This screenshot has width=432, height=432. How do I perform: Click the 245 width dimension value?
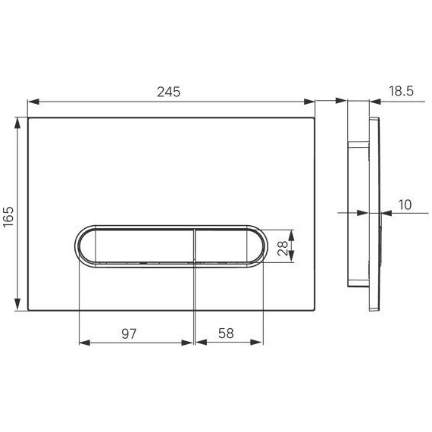pos(169,91)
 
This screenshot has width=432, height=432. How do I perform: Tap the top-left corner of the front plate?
pos(29,118)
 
